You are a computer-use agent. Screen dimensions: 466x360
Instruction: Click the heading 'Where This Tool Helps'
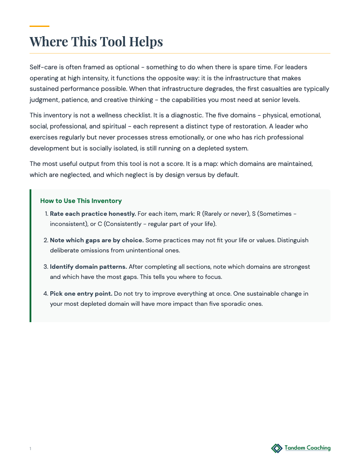coord(96,41)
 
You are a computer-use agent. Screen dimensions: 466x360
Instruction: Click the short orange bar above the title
coord(39,26)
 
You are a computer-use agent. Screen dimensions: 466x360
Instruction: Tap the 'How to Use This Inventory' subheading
coord(81,201)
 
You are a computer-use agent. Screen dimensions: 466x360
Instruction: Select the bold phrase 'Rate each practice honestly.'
coord(93,214)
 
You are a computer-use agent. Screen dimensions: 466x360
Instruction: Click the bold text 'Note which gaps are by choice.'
coord(97,241)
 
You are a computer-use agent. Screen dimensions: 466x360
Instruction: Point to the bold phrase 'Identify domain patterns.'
coord(88,267)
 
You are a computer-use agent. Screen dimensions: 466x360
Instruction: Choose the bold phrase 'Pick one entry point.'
coord(81,293)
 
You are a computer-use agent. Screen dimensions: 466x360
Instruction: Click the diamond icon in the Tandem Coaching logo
coord(277,448)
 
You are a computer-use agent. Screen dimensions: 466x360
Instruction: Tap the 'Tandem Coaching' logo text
coord(307,448)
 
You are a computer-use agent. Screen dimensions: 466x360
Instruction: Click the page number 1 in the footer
coord(30,449)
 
